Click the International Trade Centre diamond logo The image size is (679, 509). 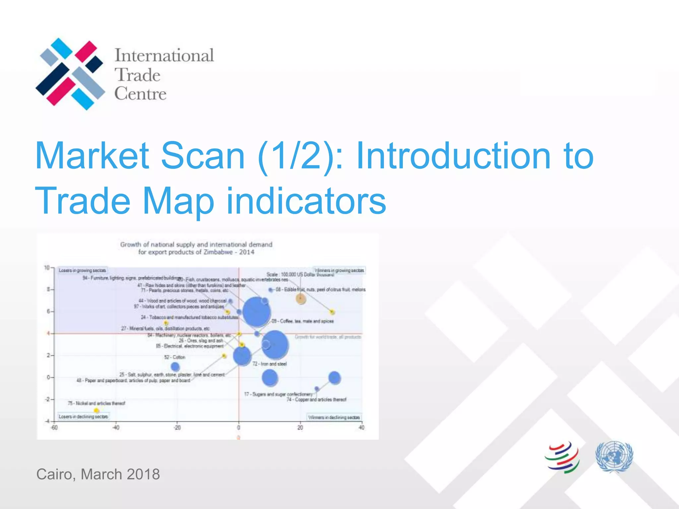pyautogui.click(x=70, y=74)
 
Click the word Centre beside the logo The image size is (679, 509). pyautogui.click(x=140, y=94)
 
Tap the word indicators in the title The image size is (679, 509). pyautogui.click(x=306, y=201)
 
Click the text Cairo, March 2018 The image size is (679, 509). pyautogui.click(x=98, y=474)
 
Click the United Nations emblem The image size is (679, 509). pyautogui.click(x=614, y=456)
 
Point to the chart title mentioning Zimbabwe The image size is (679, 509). pyautogui.click(x=196, y=248)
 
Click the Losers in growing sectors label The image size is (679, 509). pyautogui.click(x=83, y=270)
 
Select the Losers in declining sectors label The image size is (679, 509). pyautogui.click(x=83, y=417)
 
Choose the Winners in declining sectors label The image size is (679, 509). pyautogui.click(x=334, y=417)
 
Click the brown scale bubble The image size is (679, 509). pyautogui.click(x=301, y=299)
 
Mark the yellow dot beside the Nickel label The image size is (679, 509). pyautogui.click(x=96, y=411)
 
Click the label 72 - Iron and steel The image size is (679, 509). pyautogui.click(x=269, y=364)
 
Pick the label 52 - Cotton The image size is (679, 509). pyautogui.click(x=175, y=357)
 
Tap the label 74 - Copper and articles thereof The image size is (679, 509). pyautogui.click(x=316, y=400)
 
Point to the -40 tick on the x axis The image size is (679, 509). pyautogui.click(x=116, y=427)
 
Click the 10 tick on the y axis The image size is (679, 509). pyautogui.click(x=47, y=268)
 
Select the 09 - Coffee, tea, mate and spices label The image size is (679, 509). pyautogui.click(x=302, y=321)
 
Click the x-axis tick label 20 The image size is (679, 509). pyautogui.click(x=300, y=427)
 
